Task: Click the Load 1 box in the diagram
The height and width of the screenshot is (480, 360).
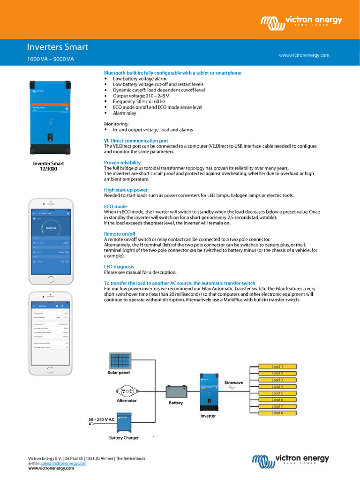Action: pyautogui.click(x=277, y=367)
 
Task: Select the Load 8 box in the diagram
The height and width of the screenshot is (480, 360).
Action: pyautogui.click(x=277, y=413)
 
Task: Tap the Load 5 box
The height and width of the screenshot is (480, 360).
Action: pyautogui.click(x=277, y=393)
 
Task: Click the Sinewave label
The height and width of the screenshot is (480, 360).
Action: pyautogui.click(x=234, y=382)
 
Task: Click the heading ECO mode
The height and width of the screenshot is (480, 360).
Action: pyautogui.click(x=115, y=206)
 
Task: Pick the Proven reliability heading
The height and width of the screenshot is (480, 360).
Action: pyautogui.click(x=122, y=163)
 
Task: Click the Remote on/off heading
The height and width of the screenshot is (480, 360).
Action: pyautogui.click(x=120, y=233)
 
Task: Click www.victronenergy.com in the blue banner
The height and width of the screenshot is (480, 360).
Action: pyautogui.click(x=304, y=55)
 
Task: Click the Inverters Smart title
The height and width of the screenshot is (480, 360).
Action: pyautogui.click(x=57, y=47)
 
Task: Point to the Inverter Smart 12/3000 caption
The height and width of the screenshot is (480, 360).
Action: pyautogui.click(x=48, y=166)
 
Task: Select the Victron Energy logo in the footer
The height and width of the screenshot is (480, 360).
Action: pyautogui.click(x=291, y=460)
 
